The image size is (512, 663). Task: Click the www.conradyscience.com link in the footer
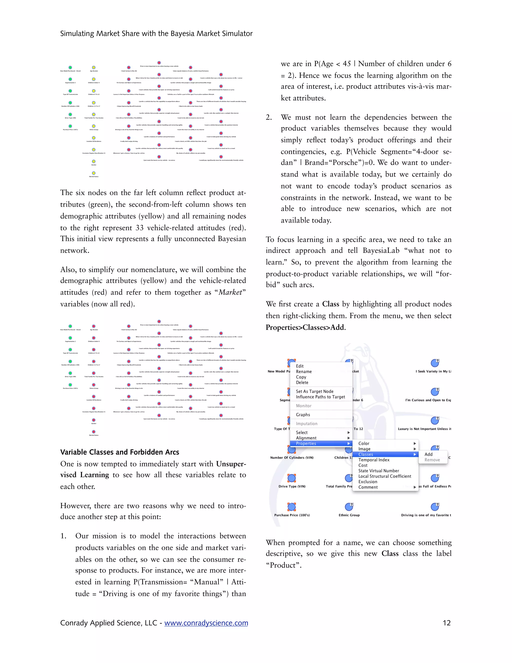[206, 623]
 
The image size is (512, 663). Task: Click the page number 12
[446, 623]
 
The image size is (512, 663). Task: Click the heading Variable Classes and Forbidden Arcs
[119, 452]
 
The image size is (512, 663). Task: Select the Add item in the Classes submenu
[428, 454]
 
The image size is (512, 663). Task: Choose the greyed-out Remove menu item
[432, 460]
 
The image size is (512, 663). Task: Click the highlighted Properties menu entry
[306, 443]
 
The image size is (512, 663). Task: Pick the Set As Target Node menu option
[314, 391]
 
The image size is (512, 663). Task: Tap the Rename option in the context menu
[303, 372]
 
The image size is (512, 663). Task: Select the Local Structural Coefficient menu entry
[384, 476]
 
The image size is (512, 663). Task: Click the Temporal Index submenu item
[374, 460]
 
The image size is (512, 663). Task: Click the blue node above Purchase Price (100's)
[291, 507]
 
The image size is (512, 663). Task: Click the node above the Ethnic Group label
[349, 507]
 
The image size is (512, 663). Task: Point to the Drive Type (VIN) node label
[292, 486]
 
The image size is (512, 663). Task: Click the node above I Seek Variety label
[435, 363]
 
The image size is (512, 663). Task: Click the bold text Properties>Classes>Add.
[305, 327]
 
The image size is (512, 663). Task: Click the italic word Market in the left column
[230, 292]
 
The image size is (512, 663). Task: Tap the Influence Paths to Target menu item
[320, 397]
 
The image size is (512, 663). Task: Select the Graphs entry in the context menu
[303, 415]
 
